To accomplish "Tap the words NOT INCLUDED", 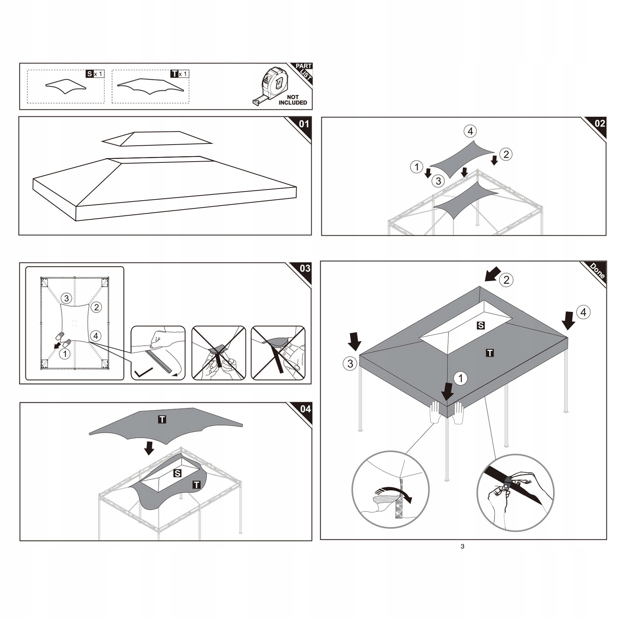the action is pos(293,100).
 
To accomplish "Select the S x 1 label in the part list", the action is pos(95,73).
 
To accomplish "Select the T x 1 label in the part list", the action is pos(179,73).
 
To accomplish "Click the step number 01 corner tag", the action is pos(304,124).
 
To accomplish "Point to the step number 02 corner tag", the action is pos(599,124).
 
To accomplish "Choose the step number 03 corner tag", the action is pos(305,268).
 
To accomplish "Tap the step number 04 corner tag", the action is pos(305,409).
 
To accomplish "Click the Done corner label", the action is pos(597,271).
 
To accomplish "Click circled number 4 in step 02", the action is pos(470,131).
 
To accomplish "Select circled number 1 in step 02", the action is pos(416,167).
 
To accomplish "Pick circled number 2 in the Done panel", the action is pos(506,280).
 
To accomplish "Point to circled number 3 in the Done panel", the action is pos(350,363).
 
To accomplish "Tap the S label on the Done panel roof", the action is pos(481,326).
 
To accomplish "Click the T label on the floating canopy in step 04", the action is pos(162,419).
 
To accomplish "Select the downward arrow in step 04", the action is pos(149,448).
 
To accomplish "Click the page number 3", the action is pos(462,546).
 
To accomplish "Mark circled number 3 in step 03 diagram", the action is pos(67,298).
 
